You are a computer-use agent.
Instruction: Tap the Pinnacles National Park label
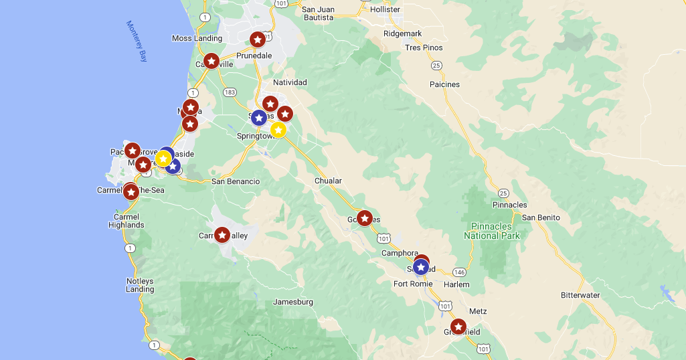click(x=491, y=231)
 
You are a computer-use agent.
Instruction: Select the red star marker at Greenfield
click(x=458, y=327)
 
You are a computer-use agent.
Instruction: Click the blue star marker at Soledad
click(x=420, y=268)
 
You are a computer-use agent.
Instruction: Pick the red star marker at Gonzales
click(x=364, y=218)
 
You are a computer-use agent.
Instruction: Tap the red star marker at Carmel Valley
click(x=222, y=235)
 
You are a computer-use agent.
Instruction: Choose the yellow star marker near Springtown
click(x=278, y=130)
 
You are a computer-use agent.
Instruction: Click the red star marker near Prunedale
click(x=257, y=39)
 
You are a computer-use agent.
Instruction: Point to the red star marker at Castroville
click(x=211, y=61)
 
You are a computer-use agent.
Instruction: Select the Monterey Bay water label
click(x=137, y=41)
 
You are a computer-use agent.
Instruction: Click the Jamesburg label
click(x=293, y=302)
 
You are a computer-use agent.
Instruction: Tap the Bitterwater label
click(x=580, y=295)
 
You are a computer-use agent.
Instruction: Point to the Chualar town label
click(x=328, y=181)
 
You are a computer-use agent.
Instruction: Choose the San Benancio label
click(x=236, y=181)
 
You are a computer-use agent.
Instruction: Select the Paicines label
click(x=445, y=84)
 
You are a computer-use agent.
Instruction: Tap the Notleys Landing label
click(x=140, y=285)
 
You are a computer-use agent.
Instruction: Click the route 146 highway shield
click(x=459, y=272)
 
